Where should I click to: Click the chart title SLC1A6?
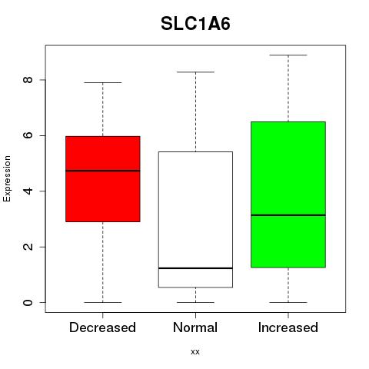tap(195, 24)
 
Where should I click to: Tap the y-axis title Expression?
tap(7, 178)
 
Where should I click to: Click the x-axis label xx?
tap(195, 351)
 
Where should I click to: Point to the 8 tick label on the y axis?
tap(28, 80)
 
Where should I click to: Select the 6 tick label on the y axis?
tap(28, 135)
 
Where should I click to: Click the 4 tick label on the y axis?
tap(28, 191)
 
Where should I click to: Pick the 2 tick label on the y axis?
tap(28, 247)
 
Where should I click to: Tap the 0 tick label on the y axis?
tap(28, 302)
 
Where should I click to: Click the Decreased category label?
tap(102, 327)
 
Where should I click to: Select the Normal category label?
tap(195, 327)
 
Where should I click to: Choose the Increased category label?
tap(288, 327)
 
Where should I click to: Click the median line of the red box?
tap(103, 171)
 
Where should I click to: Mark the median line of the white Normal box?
tap(195, 268)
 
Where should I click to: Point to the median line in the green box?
tap(288, 215)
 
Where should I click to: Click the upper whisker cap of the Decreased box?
tap(103, 82)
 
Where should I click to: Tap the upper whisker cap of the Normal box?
tap(195, 72)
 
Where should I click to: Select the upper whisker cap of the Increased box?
tap(288, 55)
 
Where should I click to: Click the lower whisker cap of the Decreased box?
tap(103, 302)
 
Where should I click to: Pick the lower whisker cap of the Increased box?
tap(288, 302)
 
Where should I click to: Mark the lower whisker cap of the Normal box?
tap(195, 302)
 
